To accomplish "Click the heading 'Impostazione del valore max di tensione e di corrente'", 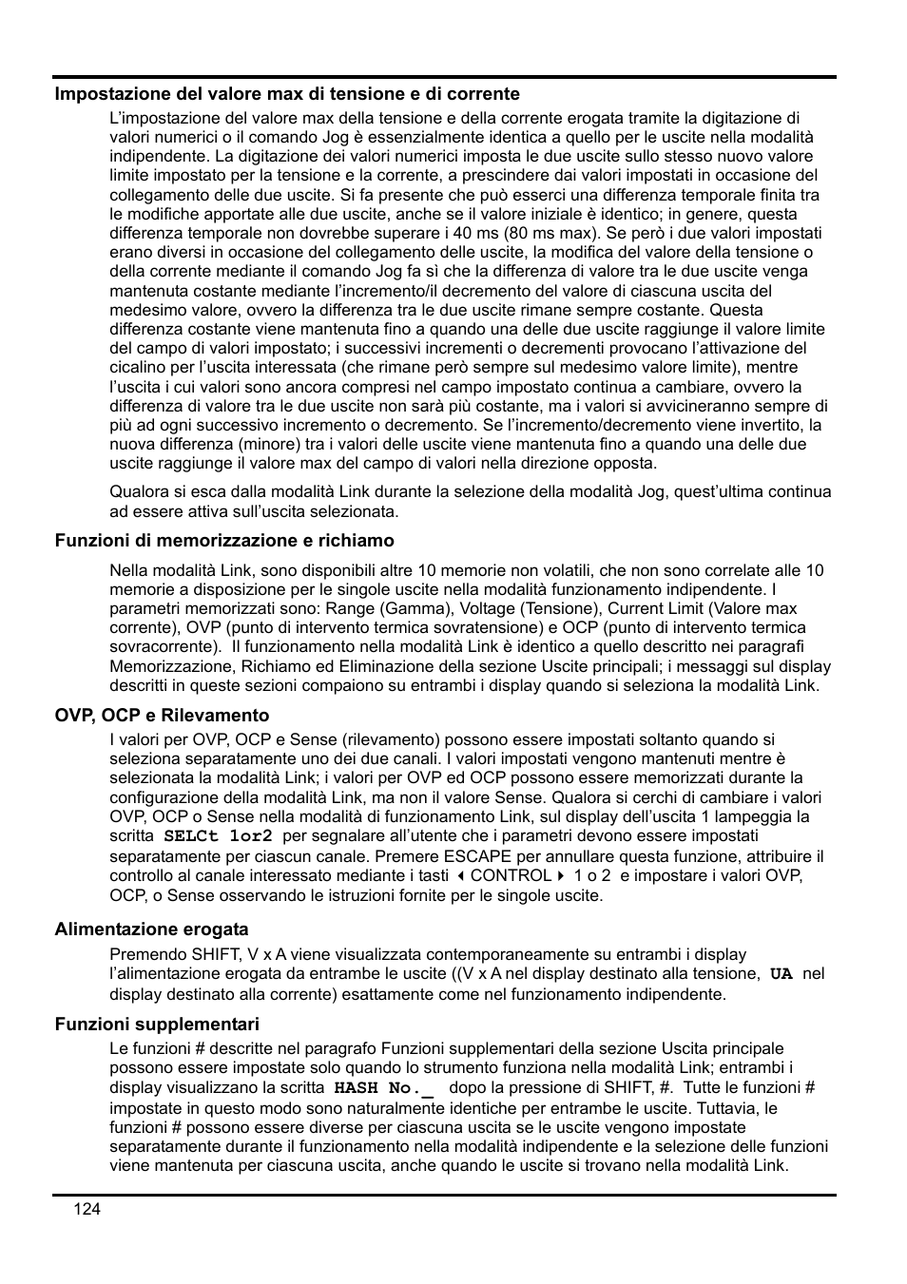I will tap(287, 94).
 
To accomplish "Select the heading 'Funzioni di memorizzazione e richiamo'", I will tap(224, 541).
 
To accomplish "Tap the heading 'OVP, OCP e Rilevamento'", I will tap(162, 716).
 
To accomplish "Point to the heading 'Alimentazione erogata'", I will tap(151, 929).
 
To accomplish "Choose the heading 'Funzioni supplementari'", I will tap(157, 1025).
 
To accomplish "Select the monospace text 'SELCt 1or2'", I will tap(218, 836).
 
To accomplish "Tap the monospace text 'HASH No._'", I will tap(383, 1088).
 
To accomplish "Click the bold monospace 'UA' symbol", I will tap(781, 974).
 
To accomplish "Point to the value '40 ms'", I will tap(492, 233).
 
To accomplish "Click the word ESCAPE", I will tap(477, 856).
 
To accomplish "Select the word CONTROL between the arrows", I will tap(511, 875).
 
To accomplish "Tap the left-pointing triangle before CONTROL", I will tap(460, 875).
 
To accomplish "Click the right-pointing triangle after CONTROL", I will tap(561, 875).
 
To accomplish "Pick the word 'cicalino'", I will tap(137, 367).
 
